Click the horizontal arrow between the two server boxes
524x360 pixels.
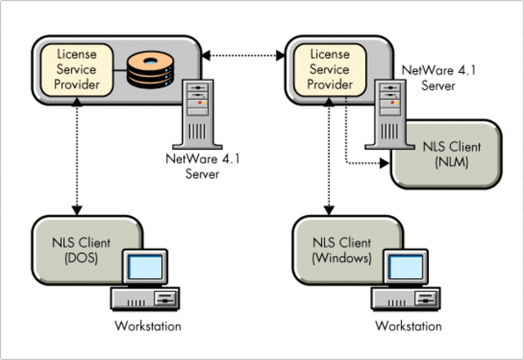coord(243,55)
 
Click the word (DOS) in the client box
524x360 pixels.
coord(79,259)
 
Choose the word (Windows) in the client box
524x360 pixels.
coord(342,259)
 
